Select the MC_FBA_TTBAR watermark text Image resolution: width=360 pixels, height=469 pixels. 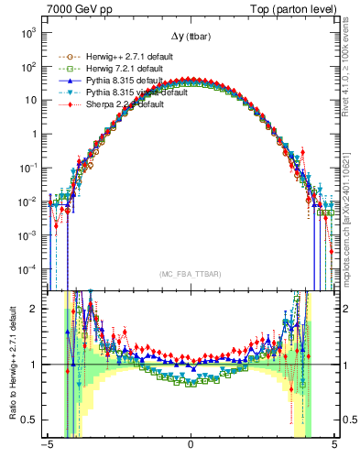pos(190,273)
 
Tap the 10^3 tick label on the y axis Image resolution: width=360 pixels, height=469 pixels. pos(28,32)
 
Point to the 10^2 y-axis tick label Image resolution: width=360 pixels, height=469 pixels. pos(28,66)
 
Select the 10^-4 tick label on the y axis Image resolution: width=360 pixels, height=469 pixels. pos(27,268)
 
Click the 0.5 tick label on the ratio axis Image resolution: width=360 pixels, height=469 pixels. pos(32,420)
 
